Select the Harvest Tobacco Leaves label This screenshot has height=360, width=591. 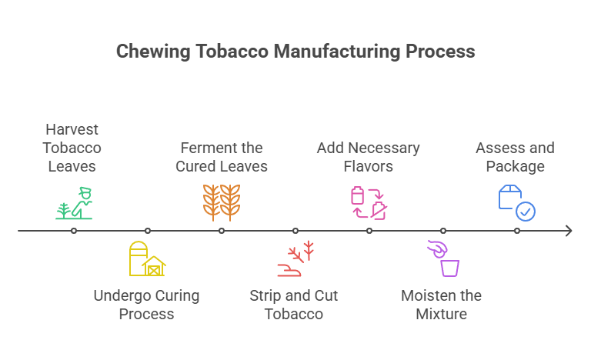click(72, 148)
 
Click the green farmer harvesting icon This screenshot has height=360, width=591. click(75, 203)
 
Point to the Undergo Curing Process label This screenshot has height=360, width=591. click(146, 305)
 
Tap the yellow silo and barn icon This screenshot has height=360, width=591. click(147, 258)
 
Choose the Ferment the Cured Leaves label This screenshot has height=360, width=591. click(221, 157)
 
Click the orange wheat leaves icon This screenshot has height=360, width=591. click(221, 202)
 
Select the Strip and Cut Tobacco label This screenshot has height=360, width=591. click(294, 305)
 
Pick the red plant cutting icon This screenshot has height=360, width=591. click(295, 258)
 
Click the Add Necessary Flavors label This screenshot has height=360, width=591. click(368, 157)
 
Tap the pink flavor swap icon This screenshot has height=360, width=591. click(369, 202)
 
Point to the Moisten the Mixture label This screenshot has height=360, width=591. click(442, 305)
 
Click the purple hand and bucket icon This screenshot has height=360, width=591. click(443, 258)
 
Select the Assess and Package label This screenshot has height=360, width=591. click(515, 157)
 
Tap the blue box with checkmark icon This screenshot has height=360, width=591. click(516, 202)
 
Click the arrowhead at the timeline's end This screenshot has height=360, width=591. click(569, 231)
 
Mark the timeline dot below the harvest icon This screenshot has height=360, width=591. click(74, 231)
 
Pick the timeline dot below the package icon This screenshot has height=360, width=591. click(517, 231)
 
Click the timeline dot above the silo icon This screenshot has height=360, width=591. click(148, 231)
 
